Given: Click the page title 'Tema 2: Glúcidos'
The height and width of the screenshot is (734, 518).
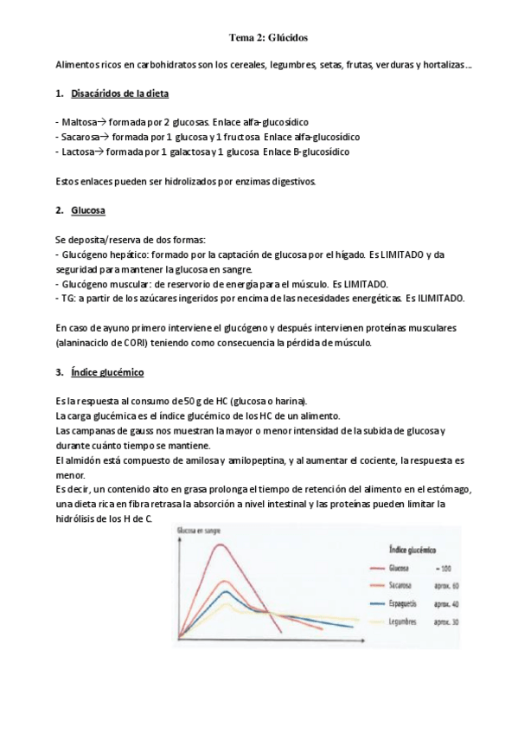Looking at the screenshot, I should coord(267,38).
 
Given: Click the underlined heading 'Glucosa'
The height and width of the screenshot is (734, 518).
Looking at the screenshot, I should coord(88,210).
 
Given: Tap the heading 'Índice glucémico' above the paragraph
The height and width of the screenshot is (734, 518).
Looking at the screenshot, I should coord(107,372).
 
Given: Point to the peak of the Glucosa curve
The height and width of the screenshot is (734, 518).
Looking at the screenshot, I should coord(221,544).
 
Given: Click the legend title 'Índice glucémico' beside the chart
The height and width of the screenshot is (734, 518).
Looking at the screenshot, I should coord(408,549).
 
